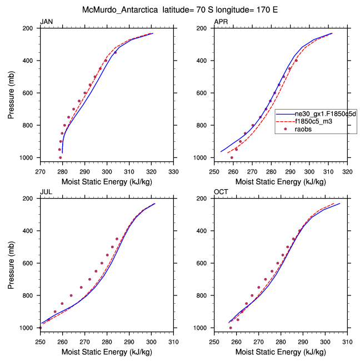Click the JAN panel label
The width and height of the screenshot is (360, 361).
[x=47, y=22]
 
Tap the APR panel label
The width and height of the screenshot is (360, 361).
[x=222, y=22]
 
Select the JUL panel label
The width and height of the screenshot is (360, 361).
[x=46, y=192]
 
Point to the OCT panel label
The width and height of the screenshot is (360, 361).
[x=222, y=192]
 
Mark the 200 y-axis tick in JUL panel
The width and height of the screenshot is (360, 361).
[x=31, y=199]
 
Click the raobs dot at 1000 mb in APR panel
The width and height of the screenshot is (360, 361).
[x=232, y=157]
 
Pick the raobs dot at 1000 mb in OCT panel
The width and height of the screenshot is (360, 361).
[x=231, y=328]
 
